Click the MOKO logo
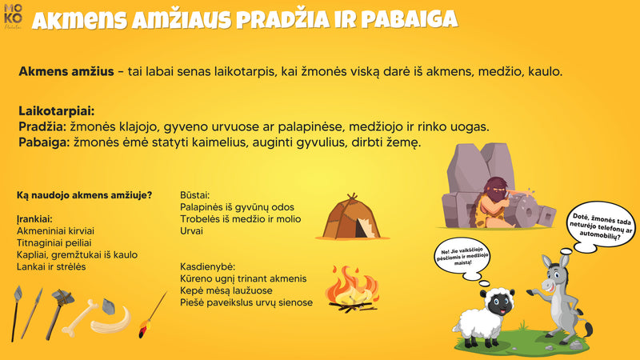pos(13,16)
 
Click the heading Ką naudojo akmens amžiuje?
pos(85,195)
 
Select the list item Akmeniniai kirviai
pos(58,230)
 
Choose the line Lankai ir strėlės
pos(51,266)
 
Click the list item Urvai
pos(192,231)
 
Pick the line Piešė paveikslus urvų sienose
pos(246,302)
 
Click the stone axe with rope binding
pos(62,303)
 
